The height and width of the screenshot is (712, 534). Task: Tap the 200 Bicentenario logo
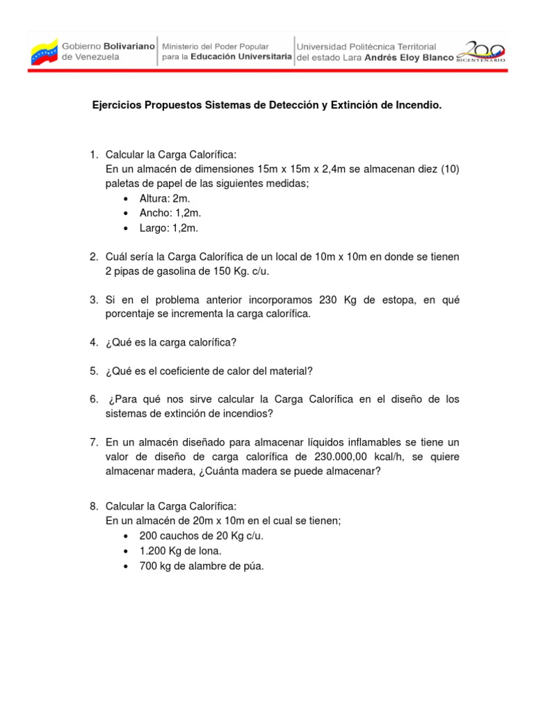pyautogui.click(x=481, y=52)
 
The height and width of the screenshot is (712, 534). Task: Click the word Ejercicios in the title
pyautogui.click(x=119, y=106)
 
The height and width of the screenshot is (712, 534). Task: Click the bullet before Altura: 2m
pyautogui.click(x=125, y=199)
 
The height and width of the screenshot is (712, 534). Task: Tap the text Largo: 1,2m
pyautogui.click(x=170, y=227)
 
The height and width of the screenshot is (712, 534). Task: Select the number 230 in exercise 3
pyautogui.click(x=328, y=300)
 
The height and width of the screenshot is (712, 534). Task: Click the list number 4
pyautogui.click(x=93, y=342)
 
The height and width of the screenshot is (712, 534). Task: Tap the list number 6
pyautogui.click(x=93, y=399)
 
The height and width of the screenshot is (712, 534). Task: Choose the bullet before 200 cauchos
pyautogui.click(x=125, y=537)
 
